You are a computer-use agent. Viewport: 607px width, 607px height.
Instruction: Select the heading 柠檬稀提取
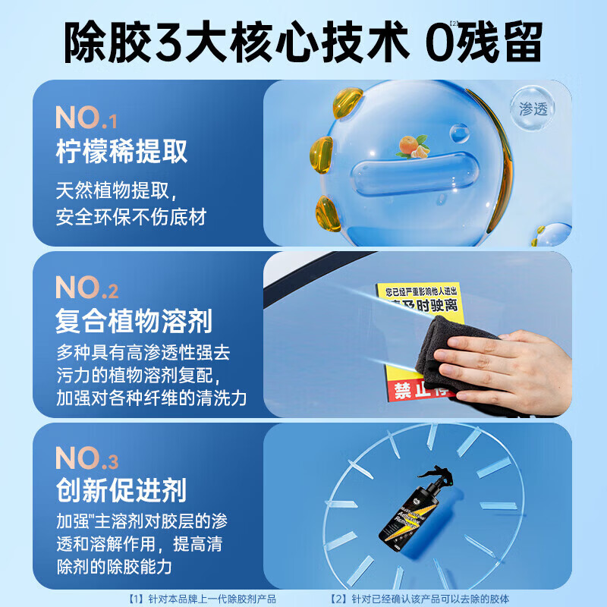121,151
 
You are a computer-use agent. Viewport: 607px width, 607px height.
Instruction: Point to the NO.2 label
86,288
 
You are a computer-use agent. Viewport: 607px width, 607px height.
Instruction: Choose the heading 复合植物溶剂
134,322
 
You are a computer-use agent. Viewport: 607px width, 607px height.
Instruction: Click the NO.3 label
86,458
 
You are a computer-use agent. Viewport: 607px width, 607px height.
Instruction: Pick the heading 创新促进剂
121,491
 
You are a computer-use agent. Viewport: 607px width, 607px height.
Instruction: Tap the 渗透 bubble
533,108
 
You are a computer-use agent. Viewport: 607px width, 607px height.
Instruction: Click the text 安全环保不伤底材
131,217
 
